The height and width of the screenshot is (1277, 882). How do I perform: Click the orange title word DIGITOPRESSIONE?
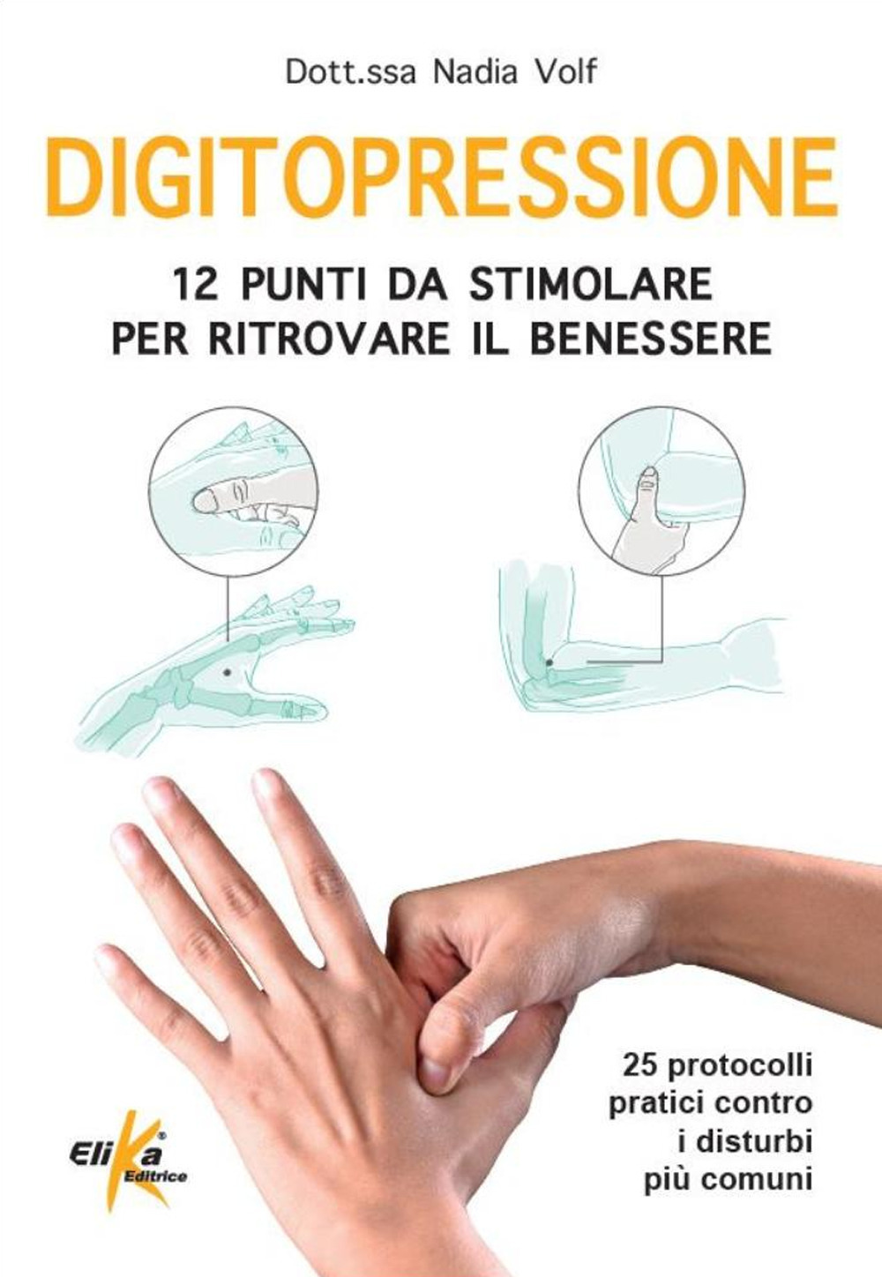click(442, 176)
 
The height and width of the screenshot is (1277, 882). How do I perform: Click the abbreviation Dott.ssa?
click(351, 73)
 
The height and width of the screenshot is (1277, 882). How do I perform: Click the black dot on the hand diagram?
click(227, 673)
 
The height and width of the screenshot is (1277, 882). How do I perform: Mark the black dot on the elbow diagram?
click(549, 662)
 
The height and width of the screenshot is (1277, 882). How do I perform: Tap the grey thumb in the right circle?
click(648, 519)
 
